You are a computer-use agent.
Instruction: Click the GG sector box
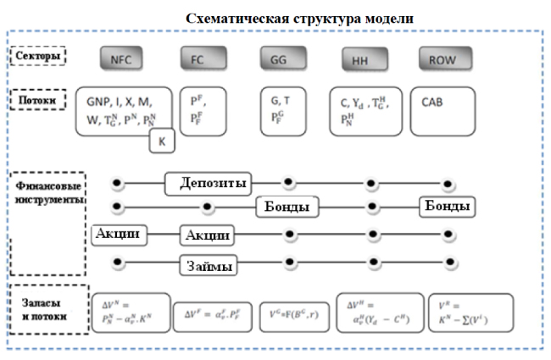[x=278, y=59]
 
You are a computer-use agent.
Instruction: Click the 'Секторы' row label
[x=38, y=56]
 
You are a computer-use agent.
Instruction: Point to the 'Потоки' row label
[x=38, y=99]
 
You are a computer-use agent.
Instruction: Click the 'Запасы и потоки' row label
[x=47, y=310]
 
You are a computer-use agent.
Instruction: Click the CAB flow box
[x=446, y=110]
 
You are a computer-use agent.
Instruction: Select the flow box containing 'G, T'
[x=287, y=110]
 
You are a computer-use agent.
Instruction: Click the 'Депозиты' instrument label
[x=212, y=183]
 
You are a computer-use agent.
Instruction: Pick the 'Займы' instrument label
[x=207, y=265]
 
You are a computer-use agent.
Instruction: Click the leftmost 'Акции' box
[x=119, y=234]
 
